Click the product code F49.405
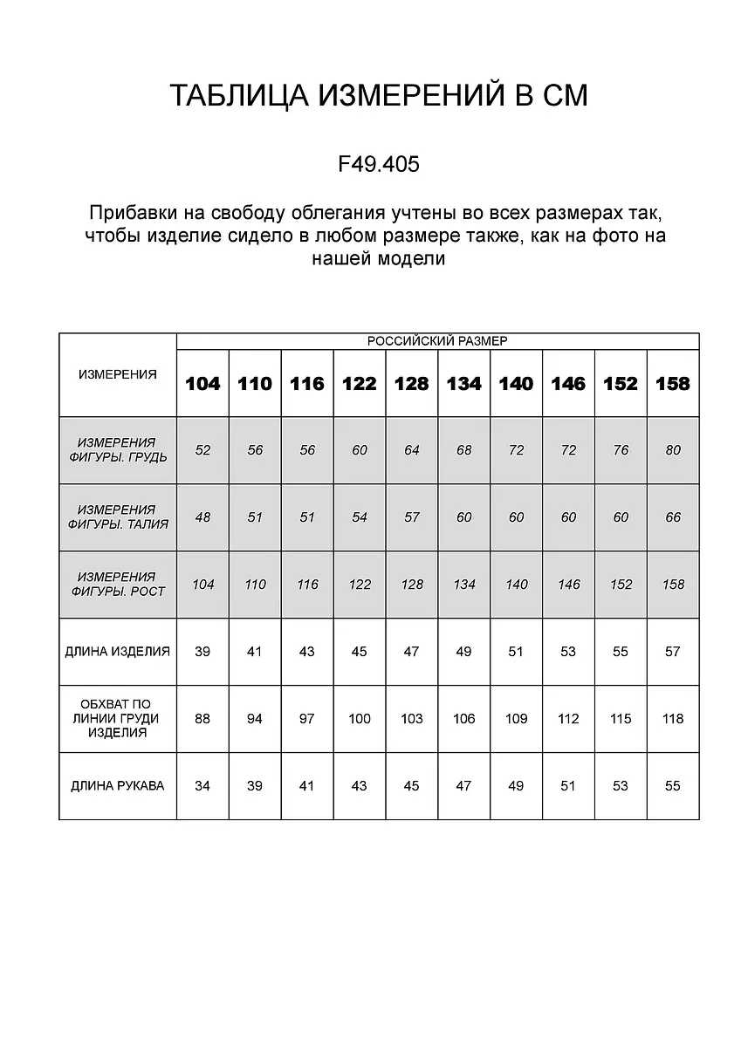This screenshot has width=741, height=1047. pyautogui.click(x=379, y=164)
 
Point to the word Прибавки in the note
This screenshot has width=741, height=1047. pyautogui.click(x=134, y=213)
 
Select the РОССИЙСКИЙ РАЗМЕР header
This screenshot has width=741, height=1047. pyautogui.click(x=437, y=341)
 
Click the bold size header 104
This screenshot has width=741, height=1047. pyautogui.click(x=202, y=384)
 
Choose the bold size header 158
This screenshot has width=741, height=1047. pyautogui.click(x=672, y=384)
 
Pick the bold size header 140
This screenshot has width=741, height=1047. pyautogui.click(x=516, y=384)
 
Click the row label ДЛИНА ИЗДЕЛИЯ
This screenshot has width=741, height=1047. pyautogui.click(x=118, y=652)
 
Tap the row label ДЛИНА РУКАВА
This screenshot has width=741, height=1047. pyautogui.click(x=118, y=786)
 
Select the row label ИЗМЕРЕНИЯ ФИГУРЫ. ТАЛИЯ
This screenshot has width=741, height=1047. pyautogui.click(x=118, y=517)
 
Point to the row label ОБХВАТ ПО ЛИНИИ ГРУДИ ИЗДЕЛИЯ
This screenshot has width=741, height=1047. pyautogui.click(x=118, y=719)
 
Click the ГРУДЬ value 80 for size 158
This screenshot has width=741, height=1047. pyautogui.click(x=673, y=450)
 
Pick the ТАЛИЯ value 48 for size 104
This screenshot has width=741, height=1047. pyautogui.click(x=202, y=517)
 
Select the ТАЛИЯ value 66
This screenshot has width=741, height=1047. pyautogui.click(x=673, y=517)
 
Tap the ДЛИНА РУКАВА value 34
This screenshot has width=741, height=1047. pyautogui.click(x=202, y=786)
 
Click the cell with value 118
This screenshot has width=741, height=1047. pyautogui.click(x=673, y=719)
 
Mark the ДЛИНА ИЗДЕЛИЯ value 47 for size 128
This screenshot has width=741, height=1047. pyautogui.click(x=412, y=652)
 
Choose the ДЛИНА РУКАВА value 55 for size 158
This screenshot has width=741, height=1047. pyautogui.click(x=673, y=786)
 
